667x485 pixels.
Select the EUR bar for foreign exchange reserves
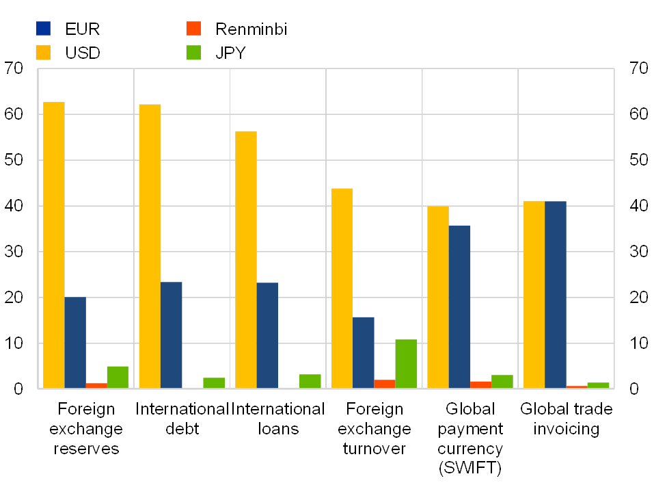[75, 342]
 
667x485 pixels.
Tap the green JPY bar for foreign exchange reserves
[118, 377]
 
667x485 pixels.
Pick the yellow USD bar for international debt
[150, 246]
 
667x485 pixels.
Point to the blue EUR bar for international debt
[171, 335]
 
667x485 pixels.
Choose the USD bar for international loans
[246, 260]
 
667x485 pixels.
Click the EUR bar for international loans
[267, 335]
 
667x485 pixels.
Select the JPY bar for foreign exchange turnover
[406, 363]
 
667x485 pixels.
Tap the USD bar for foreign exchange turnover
[342, 288]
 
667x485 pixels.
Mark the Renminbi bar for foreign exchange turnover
[385, 384]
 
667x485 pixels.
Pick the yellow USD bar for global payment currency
[438, 297]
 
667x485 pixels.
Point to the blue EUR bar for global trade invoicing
[556, 295]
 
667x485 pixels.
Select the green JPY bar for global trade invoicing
[598, 385]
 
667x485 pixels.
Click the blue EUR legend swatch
[43, 29]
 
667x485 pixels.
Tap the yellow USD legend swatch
[43, 52]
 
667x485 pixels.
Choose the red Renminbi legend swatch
[193, 29]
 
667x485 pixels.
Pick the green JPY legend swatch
[193, 52]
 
